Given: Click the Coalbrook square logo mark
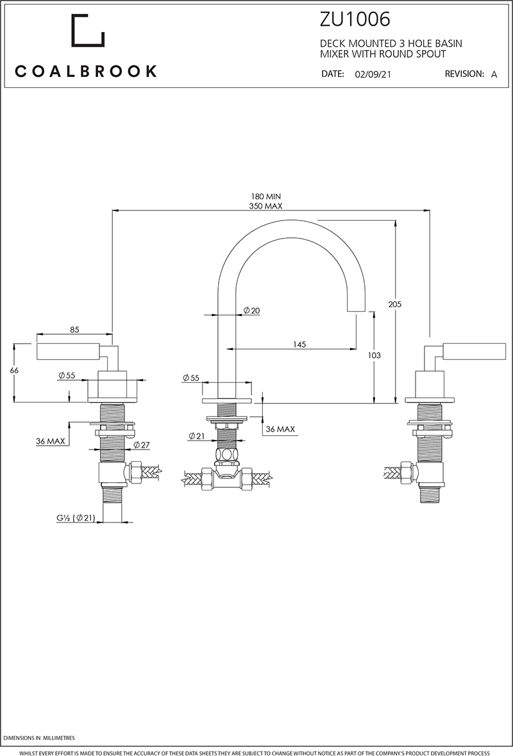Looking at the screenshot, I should tap(87, 31).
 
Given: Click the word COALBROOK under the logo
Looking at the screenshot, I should tap(86, 71).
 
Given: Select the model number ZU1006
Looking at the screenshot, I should tap(355, 21).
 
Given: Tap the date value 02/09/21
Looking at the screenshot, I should tap(373, 74).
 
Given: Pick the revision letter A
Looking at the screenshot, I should tap(494, 74).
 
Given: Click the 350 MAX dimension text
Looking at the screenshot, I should tap(266, 206).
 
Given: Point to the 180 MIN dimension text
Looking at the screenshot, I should tap(266, 196).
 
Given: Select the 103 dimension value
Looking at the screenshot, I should tap(375, 355).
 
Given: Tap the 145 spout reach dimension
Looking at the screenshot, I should tap(299, 344).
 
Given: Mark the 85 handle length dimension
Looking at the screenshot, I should tap(74, 330).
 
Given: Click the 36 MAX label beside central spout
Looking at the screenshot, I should tap(280, 429).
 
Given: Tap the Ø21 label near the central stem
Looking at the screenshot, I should tap(196, 436).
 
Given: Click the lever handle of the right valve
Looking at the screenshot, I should tap(464, 351).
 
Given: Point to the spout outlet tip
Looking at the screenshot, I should tap(356, 310).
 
